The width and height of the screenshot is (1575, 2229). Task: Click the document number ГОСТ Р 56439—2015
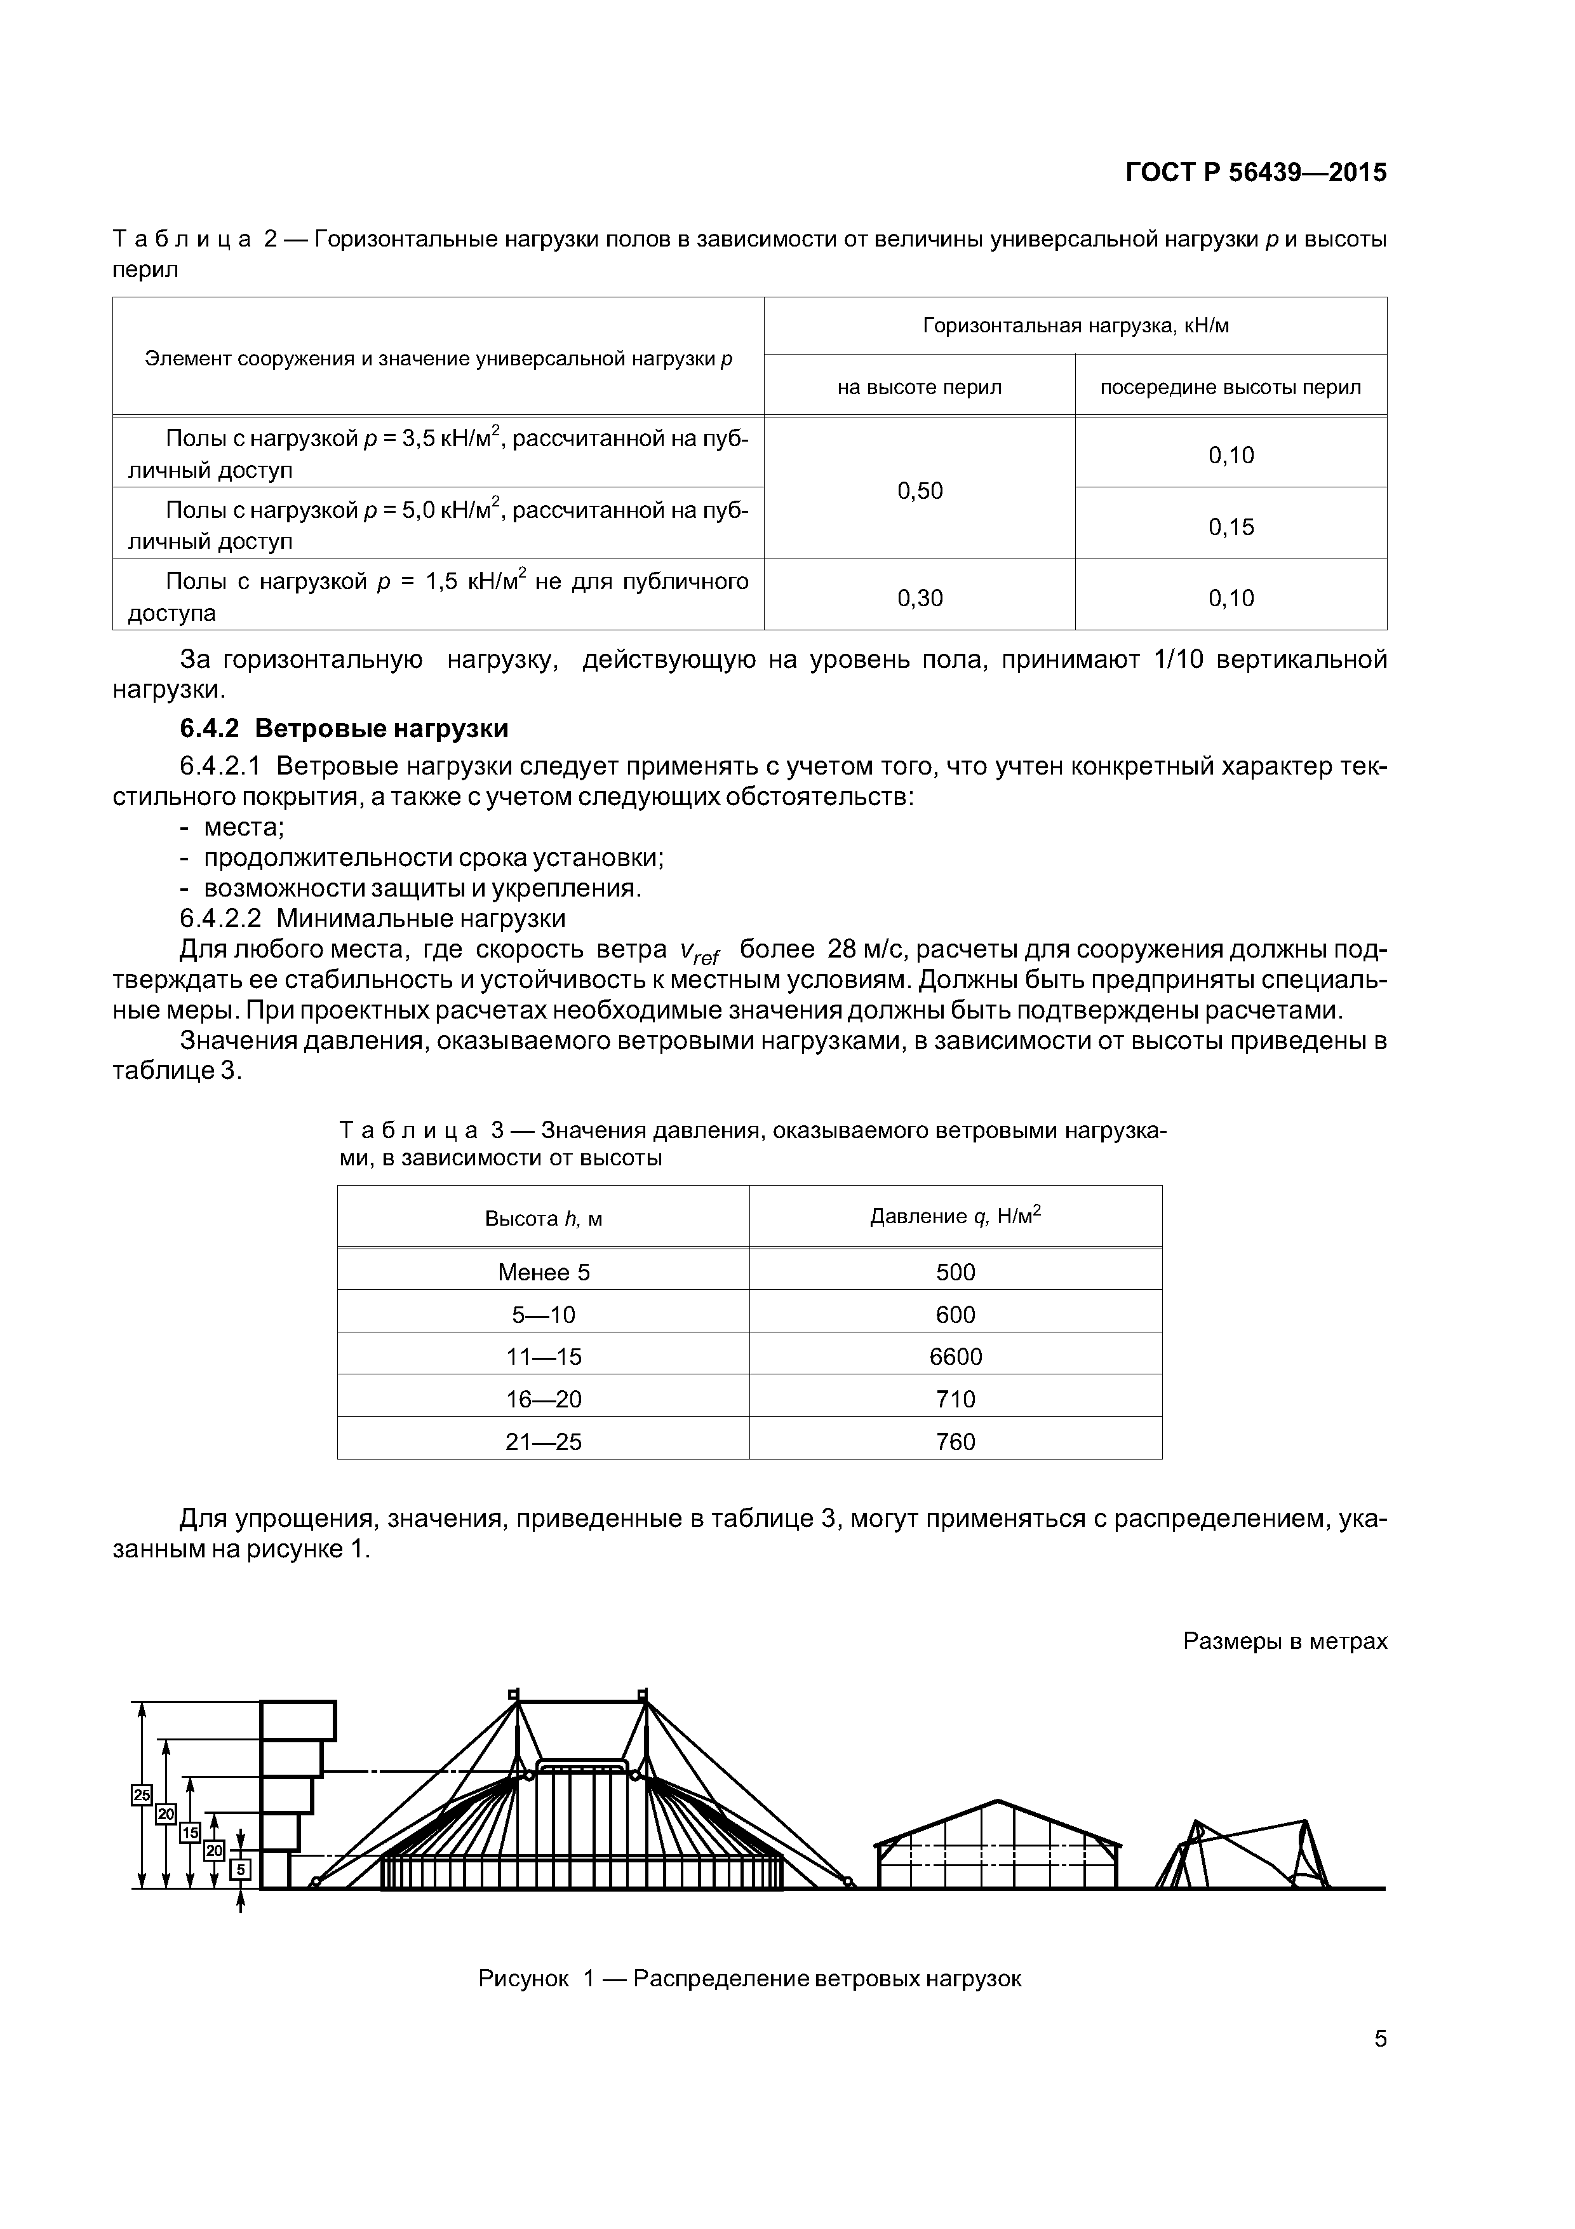point(1255,173)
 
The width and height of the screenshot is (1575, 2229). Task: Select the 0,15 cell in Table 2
point(1231,527)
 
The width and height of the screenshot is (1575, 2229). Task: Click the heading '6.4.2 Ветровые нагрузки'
point(344,728)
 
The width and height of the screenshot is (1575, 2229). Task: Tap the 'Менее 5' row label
point(544,1273)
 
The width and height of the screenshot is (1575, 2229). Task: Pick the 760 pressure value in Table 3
point(955,1442)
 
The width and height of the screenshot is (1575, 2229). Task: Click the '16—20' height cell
point(544,1399)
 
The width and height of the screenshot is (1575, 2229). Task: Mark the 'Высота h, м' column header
point(544,1218)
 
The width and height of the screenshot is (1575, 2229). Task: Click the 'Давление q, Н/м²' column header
point(955,1216)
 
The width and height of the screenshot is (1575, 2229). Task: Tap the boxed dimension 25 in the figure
point(142,1795)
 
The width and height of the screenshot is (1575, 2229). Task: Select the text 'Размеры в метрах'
point(1285,1641)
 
